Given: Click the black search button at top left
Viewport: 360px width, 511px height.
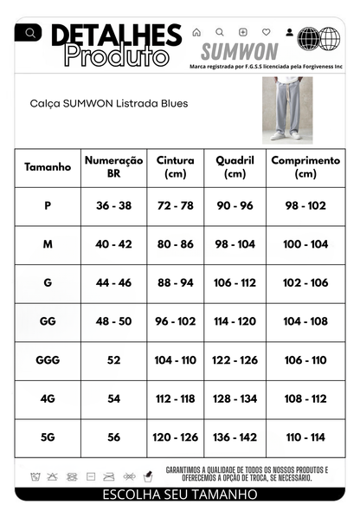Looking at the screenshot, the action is [x=31, y=33].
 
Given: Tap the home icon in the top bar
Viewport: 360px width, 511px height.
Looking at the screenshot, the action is [x=196, y=32].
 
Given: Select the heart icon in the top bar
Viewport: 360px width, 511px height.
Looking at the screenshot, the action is [x=267, y=32].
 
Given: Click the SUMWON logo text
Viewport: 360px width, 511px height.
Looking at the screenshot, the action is [x=240, y=51].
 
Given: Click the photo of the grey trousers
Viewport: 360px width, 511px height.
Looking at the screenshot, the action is [x=286, y=109].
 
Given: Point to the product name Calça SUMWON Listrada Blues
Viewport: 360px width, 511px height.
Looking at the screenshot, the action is [x=108, y=103].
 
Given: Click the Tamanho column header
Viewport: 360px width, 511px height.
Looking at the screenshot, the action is [x=48, y=167].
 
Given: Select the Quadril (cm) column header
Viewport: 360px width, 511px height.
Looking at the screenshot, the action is [x=235, y=167].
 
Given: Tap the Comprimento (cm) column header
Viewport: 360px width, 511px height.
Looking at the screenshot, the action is [x=305, y=167].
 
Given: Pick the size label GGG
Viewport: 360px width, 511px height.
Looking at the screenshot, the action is [x=48, y=359].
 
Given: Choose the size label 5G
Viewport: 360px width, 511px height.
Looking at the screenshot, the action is [x=48, y=437].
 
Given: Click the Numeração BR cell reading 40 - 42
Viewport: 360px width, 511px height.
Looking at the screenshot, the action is [x=113, y=244].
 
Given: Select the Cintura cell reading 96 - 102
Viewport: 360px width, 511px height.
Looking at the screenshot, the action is [x=176, y=320].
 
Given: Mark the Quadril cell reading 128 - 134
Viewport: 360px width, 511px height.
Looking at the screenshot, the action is [x=235, y=398].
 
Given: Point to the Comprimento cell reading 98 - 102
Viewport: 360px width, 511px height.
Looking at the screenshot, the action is [x=305, y=205].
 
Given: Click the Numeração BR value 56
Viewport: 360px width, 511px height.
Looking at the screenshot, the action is [x=113, y=437].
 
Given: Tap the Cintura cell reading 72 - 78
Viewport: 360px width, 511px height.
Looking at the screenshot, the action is [x=176, y=205].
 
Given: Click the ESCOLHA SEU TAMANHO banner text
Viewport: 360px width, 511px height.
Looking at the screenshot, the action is [x=180, y=495].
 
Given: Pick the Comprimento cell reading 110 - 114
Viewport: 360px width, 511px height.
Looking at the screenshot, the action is [x=305, y=437].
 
